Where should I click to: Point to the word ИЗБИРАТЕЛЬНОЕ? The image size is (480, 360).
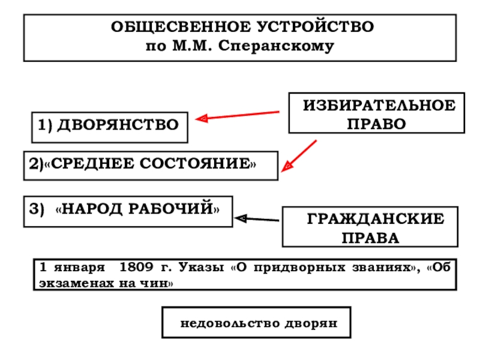[x=379, y=106]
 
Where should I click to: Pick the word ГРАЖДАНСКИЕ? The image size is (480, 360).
[x=376, y=220]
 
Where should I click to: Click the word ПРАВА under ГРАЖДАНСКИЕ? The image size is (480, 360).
[x=370, y=238]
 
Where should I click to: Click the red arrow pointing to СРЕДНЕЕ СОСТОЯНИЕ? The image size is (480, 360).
[x=298, y=155]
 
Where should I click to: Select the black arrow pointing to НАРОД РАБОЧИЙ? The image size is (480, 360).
[x=256, y=220]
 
